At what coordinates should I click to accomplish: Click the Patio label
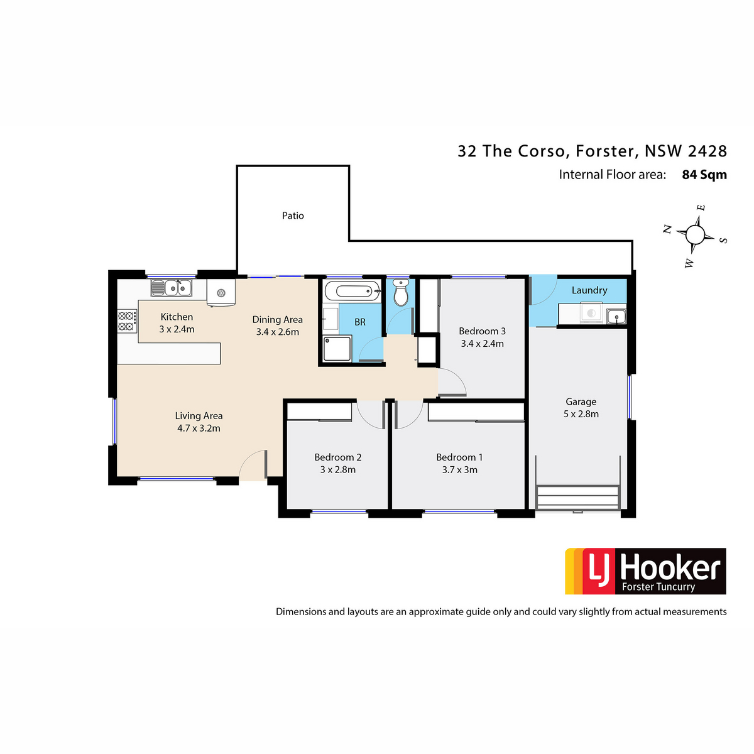coord(293,216)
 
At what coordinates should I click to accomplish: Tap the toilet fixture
coord(401,292)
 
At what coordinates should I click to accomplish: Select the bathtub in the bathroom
coord(352,291)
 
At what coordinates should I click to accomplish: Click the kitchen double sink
coord(172,288)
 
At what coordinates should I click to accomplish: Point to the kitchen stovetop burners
coord(127,321)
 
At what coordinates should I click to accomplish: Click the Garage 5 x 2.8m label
coord(581,407)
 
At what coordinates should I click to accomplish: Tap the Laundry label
coord(589,290)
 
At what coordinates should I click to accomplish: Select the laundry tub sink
coord(616,316)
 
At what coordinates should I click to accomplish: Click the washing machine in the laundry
coord(591,313)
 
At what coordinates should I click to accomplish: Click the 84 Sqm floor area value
coord(704,175)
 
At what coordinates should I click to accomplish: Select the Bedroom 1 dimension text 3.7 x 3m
coord(460,470)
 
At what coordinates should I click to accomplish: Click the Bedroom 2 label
coord(337,457)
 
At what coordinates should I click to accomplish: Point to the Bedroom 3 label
coord(482,331)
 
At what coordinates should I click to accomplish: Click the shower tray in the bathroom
coord(337,349)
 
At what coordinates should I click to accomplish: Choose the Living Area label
coord(199,416)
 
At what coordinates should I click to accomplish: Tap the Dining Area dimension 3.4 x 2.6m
coord(278,332)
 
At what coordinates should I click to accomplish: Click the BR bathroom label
coord(360,322)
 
